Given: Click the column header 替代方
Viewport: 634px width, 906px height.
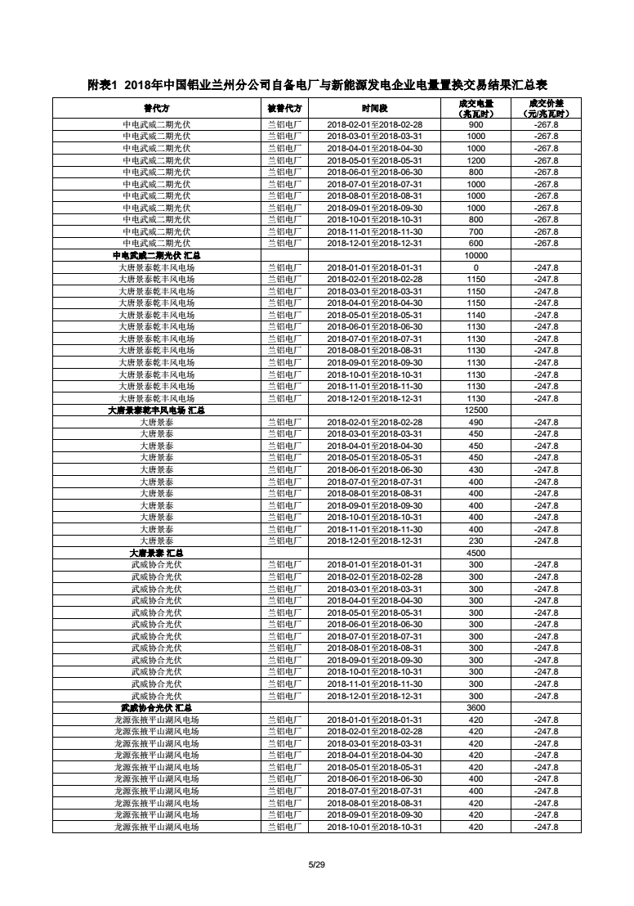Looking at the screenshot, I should click(156, 108).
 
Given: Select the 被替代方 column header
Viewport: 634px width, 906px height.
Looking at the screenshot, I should click(284, 108).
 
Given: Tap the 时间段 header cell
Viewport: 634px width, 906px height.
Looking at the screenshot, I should click(374, 108).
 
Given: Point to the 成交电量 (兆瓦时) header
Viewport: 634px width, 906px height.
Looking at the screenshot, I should click(475, 108).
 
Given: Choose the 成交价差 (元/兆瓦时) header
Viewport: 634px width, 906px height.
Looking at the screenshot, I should click(546, 108).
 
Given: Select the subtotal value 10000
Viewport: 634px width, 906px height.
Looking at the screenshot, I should click(475, 255).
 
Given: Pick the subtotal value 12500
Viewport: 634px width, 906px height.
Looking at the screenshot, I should click(475, 410).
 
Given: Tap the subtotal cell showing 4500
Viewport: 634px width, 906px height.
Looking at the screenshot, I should click(475, 553).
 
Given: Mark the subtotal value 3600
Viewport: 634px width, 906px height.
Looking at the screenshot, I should click(475, 707).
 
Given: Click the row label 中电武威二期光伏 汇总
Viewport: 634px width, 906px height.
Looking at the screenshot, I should click(156, 255).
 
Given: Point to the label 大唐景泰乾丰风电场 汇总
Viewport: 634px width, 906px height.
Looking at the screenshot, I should click(156, 410).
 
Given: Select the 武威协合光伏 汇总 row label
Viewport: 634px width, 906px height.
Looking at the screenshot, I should click(156, 707).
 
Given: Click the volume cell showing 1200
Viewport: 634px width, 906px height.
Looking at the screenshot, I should click(475, 160).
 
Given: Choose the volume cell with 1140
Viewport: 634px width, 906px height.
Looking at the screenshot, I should click(475, 315).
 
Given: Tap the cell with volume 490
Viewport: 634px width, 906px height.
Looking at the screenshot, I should click(475, 422).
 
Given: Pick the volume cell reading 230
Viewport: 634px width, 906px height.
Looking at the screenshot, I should click(475, 540).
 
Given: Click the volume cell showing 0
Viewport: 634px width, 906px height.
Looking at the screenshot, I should click(475, 267).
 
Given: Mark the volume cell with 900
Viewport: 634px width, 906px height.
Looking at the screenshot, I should click(475, 124).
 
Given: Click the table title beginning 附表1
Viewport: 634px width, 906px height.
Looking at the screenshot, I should click(317, 85).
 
